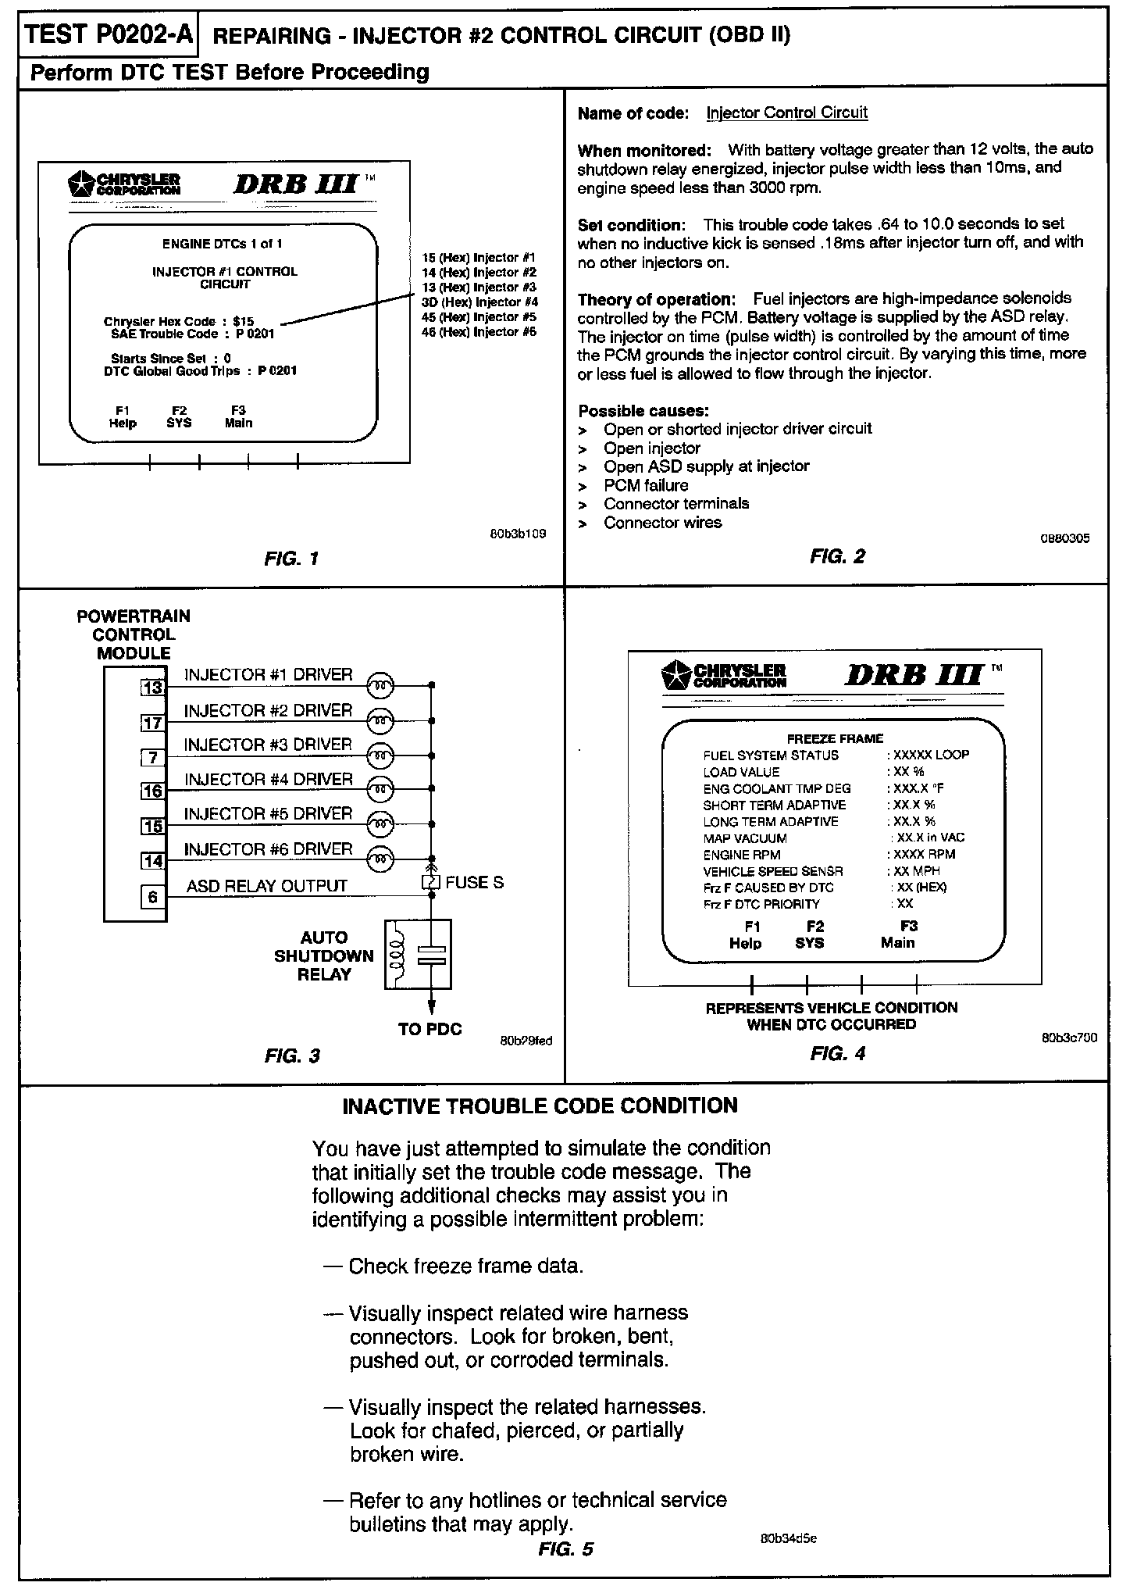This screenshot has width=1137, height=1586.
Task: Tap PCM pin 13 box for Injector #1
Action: (152, 688)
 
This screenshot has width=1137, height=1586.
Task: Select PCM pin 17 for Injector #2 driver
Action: (152, 723)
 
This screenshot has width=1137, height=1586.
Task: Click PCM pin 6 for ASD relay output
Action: (152, 897)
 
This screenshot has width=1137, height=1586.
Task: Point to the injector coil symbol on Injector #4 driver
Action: (380, 791)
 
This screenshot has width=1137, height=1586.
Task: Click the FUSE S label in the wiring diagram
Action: (474, 883)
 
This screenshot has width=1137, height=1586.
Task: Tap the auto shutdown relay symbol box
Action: (418, 955)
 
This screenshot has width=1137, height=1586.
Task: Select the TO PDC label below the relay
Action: (429, 1029)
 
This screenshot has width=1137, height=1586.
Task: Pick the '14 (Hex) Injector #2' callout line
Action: (478, 273)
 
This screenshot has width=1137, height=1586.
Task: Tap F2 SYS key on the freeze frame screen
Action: (810, 934)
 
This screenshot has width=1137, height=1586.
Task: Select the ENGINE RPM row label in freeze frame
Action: (741, 855)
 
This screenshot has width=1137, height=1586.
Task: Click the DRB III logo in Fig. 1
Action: (296, 185)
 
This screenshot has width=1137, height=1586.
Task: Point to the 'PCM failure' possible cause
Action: (645, 485)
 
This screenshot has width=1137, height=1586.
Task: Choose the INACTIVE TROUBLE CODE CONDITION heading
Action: (540, 1106)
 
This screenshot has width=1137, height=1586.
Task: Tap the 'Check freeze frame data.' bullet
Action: (465, 1266)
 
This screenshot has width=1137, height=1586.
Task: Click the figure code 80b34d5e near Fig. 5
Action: (788, 1538)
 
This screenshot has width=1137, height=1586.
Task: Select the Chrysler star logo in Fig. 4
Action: (676, 674)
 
